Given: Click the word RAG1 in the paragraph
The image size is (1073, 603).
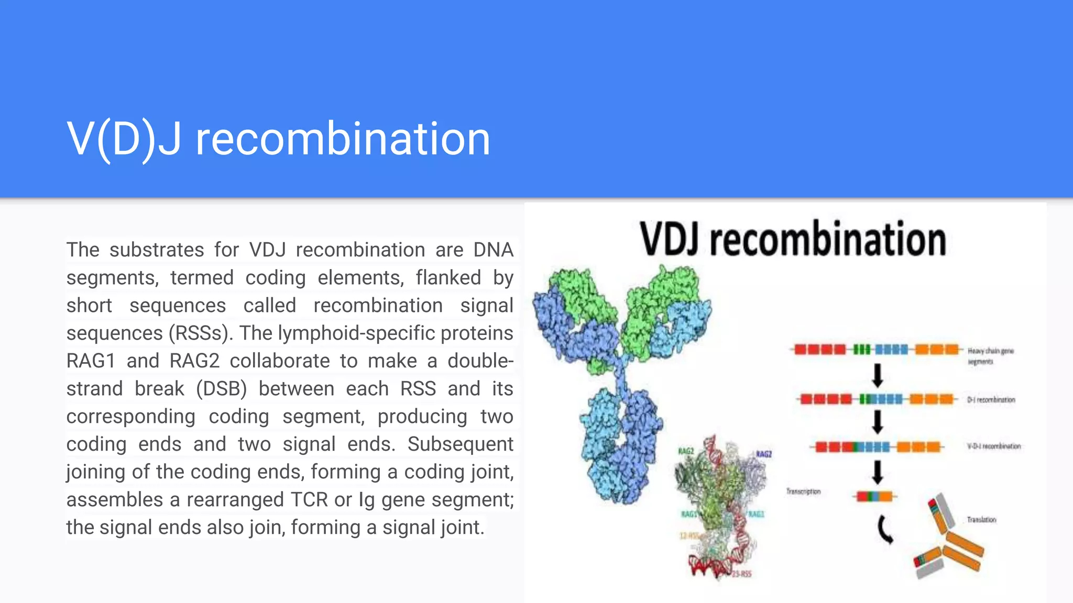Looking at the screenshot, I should point(90,361).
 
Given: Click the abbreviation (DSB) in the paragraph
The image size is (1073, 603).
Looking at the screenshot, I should point(221,389).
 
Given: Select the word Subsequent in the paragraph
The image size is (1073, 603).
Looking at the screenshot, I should point(460,444).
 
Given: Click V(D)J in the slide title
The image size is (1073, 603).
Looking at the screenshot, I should point(124,139).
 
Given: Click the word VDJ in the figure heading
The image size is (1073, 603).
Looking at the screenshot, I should point(670,239).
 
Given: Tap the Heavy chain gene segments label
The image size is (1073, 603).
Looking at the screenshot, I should point(990,356).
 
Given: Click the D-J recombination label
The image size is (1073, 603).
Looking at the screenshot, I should point(991,400).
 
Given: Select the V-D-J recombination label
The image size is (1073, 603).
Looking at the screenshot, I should point(993,446).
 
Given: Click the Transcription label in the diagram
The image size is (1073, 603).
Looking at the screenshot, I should point(803,492).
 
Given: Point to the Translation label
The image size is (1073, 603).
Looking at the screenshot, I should point(981,520).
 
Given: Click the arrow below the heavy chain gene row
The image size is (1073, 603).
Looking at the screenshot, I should point(878,375).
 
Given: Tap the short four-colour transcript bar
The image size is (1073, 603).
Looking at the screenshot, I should point(874,496).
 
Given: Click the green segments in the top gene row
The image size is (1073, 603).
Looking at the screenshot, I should point(862,349).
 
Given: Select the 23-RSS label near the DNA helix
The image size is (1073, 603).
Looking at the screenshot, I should point(741,574).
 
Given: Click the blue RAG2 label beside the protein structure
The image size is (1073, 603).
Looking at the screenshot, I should point(763,454).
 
